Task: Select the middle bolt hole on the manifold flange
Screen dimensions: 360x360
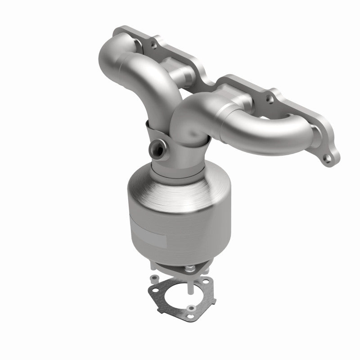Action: [x=270, y=96]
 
